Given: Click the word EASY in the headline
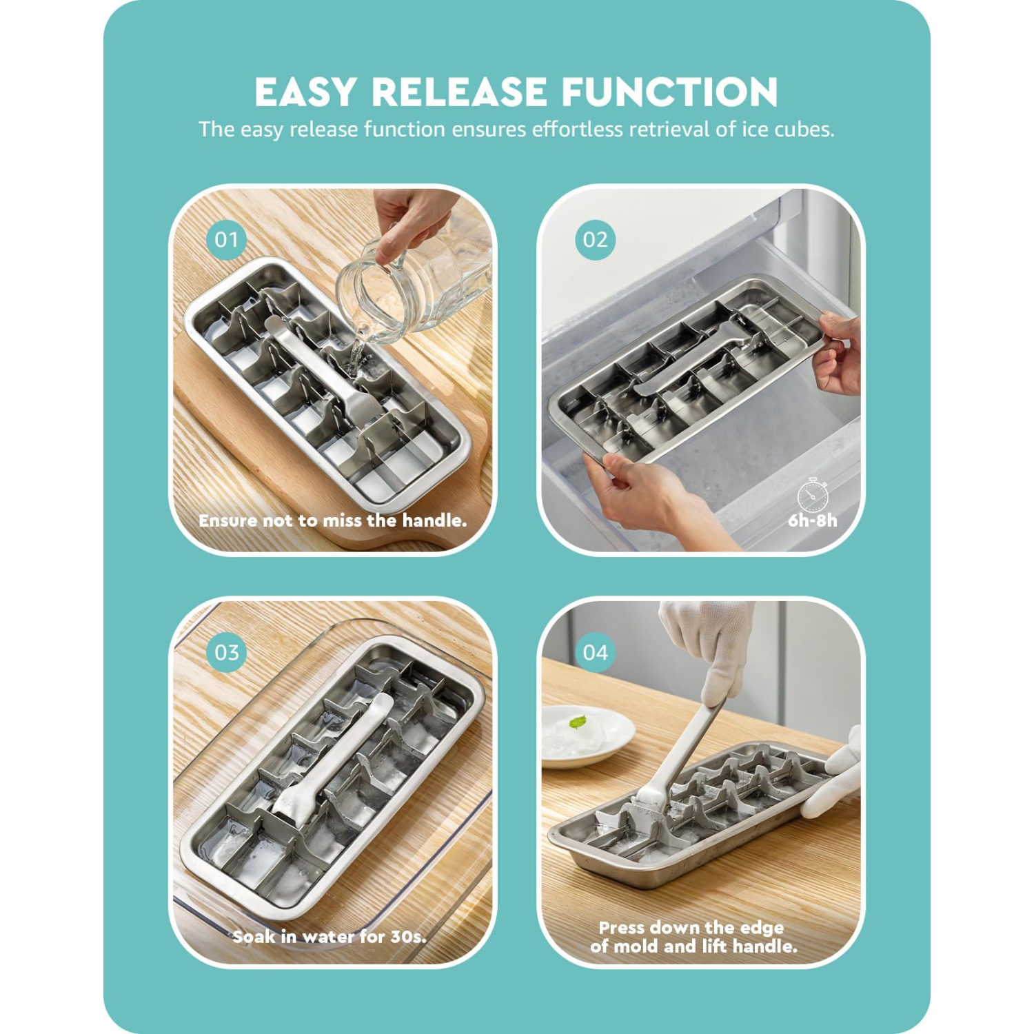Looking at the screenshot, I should point(305,92).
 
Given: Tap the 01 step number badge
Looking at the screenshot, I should point(227,240).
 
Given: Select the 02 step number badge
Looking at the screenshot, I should point(595,240).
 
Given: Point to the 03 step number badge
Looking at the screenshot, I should point(227,652).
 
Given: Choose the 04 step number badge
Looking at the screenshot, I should point(595,652).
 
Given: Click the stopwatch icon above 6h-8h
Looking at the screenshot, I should point(813,494).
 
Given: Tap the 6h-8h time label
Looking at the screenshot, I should point(813,520).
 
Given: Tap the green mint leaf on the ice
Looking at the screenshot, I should point(578,722).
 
